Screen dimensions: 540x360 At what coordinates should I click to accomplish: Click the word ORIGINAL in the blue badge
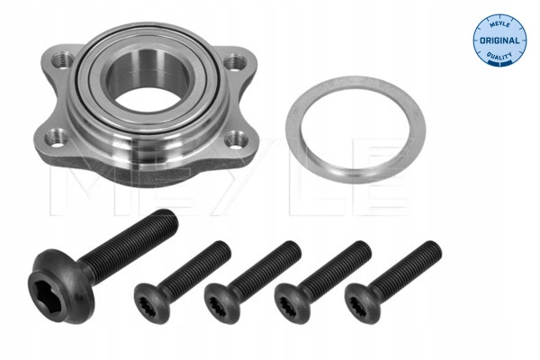pos(499,40)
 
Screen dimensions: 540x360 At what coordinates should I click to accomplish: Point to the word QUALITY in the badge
pos(499,56)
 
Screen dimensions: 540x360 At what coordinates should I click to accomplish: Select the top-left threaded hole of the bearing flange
pos(61,59)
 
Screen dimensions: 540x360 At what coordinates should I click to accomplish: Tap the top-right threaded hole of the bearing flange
pos(236,61)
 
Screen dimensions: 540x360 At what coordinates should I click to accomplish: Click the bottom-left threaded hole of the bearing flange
pos(56,138)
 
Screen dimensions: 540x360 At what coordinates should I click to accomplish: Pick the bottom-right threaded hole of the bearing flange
pos(236,139)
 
